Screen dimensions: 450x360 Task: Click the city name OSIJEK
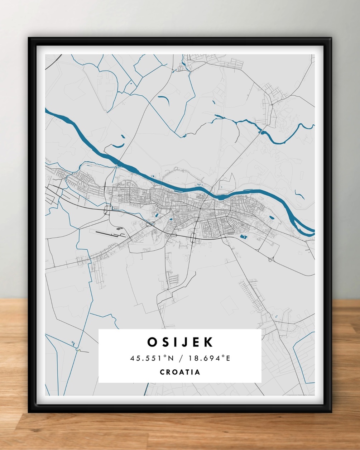180,342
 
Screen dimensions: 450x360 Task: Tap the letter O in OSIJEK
152,342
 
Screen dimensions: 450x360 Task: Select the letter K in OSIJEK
208,342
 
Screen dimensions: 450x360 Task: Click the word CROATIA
180,372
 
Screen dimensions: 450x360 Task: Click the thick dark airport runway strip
106,233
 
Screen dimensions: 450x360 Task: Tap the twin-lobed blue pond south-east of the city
244,236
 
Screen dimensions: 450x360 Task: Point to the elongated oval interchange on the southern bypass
193,237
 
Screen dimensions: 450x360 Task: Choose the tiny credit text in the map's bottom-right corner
301,395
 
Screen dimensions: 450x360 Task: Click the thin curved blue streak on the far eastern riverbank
299,195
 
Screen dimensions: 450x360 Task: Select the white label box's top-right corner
261,330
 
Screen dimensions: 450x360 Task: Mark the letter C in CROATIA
162,372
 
